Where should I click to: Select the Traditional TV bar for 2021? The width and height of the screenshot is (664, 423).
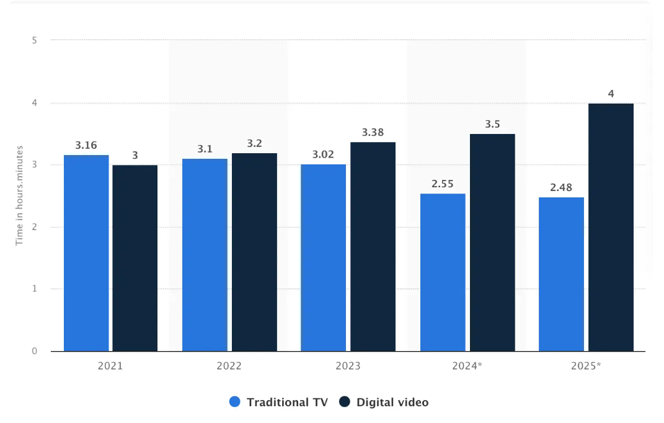[x=86, y=253]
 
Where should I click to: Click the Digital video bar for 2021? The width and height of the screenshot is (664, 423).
[x=135, y=258]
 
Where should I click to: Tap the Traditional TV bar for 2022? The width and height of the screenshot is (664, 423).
[x=205, y=255]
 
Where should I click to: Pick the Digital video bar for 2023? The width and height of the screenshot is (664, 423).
[x=373, y=246]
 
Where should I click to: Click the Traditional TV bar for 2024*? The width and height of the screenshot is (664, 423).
[x=443, y=272]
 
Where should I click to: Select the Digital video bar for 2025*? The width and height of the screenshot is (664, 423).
[x=611, y=227]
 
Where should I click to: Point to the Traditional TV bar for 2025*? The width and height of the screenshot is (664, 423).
[x=561, y=274]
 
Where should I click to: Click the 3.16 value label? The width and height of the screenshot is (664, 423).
[x=86, y=146]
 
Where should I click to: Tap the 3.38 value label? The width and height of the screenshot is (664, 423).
[x=373, y=132]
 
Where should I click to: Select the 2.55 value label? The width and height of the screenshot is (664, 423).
[x=443, y=184]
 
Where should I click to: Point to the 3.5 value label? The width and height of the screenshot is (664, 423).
[x=492, y=124]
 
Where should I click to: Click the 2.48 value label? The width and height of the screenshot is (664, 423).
[x=561, y=187]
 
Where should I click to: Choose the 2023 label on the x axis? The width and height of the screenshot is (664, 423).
[x=348, y=366]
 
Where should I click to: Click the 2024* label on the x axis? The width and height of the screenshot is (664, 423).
[x=467, y=366]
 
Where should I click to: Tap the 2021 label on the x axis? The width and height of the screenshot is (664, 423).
[x=110, y=366]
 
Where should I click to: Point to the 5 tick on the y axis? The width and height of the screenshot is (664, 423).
[x=35, y=40]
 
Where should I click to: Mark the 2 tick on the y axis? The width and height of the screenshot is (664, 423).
[x=35, y=227]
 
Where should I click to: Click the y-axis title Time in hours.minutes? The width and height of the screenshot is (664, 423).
[x=19, y=195]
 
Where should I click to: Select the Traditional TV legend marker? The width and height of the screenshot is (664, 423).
[x=234, y=402]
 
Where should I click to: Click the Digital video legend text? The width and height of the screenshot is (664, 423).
[x=392, y=402]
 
